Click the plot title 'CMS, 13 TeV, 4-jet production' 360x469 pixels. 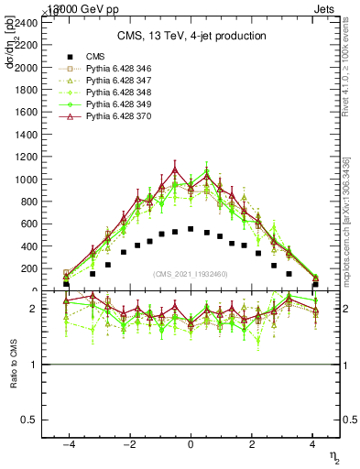pyautogui.click(x=191, y=36)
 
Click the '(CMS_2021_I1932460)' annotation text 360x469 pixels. pyautogui.click(x=191, y=274)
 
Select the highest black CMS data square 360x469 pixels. pyautogui.click(x=191, y=229)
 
